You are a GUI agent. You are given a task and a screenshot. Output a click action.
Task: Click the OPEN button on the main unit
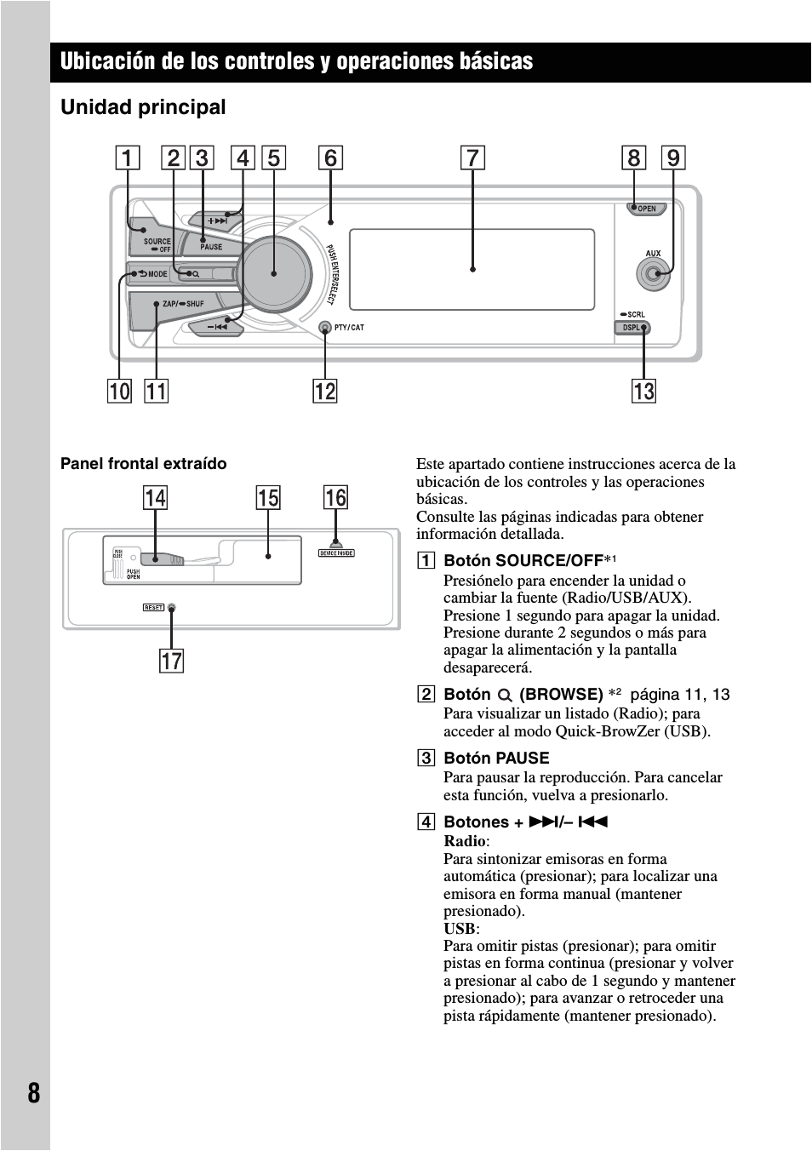[x=647, y=209]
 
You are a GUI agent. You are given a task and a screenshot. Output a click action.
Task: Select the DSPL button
[x=632, y=328]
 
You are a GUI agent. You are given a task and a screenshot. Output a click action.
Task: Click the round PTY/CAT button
[x=324, y=328]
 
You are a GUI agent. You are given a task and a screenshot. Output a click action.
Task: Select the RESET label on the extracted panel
[x=153, y=608]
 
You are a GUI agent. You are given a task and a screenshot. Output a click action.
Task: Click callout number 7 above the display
[x=472, y=158]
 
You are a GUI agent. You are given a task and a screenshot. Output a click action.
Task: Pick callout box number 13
[x=643, y=391]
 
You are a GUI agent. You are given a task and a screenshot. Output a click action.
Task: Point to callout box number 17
[x=172, y=661]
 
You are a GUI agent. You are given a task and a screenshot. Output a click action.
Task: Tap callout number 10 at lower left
[x=120, y=391]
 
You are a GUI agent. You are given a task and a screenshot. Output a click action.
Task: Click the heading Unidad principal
[x=143, y=107]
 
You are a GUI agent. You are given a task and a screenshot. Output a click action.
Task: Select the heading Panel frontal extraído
[x=143, y=464]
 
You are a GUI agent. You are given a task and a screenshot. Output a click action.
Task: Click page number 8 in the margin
[x=33, y=1092]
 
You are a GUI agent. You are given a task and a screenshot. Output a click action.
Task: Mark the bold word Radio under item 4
[x=465, y=841]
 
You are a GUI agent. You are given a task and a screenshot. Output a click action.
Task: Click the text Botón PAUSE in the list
[x=496, y=758]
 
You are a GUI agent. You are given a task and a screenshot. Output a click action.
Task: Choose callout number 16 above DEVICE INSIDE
[x=335, y=498]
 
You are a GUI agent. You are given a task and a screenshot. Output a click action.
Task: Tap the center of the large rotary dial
[x=274, y=272]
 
